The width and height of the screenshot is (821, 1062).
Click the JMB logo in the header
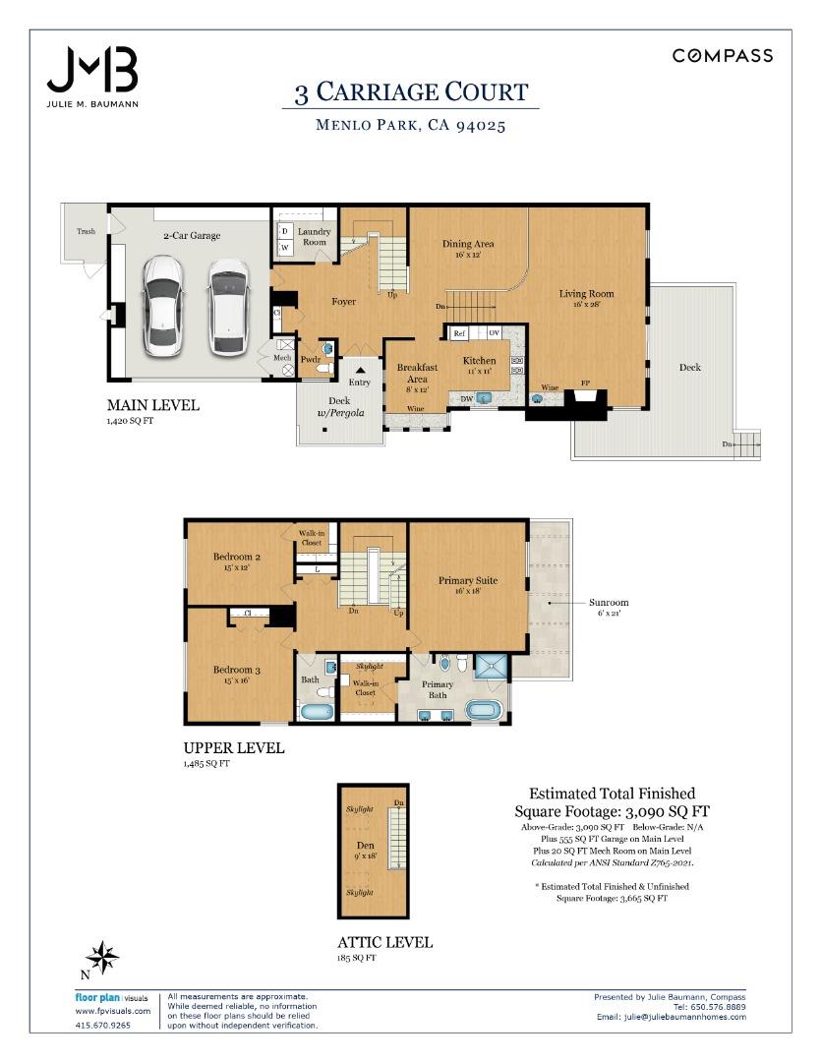coord(92,71)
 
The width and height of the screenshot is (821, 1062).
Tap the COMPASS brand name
coord(722,56)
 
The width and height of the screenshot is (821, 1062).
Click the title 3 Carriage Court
coord(411,92)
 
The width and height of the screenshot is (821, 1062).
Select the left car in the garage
coord(163,306)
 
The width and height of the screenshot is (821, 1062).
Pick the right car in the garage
coord(227,306)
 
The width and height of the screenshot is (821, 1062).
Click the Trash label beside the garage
coord(86,231)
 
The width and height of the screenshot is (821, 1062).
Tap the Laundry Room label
coord(314,236)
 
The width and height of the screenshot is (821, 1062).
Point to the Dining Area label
coord(467,244)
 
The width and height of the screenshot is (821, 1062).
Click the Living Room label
coord(586,293)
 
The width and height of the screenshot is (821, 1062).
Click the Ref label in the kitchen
coord(459,334)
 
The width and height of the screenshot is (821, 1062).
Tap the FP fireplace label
coord(585,387)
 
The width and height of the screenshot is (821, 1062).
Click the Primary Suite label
coord(467,580)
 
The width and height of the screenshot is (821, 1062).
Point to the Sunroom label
coord(609,603)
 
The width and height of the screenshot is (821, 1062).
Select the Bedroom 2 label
coord(236,557)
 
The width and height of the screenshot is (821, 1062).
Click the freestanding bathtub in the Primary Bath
coord(483,710)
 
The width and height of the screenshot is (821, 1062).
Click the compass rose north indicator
coord(101,955)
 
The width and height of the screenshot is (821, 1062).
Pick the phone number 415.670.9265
coord(102,1026)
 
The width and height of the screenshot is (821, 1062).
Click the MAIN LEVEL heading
coord(152,404)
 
